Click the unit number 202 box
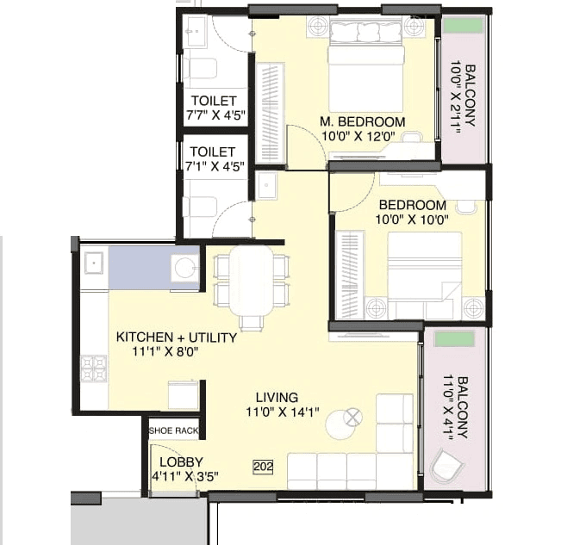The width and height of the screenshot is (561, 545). tap(263, 466)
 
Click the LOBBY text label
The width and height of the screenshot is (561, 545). tap(175, 461)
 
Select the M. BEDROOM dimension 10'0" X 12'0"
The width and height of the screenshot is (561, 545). tap(363, 136)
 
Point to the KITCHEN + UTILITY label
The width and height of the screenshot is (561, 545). tap(176, 338)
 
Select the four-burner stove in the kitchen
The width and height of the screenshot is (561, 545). tap(94, 368)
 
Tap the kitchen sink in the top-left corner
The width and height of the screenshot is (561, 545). tap(95, 262)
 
